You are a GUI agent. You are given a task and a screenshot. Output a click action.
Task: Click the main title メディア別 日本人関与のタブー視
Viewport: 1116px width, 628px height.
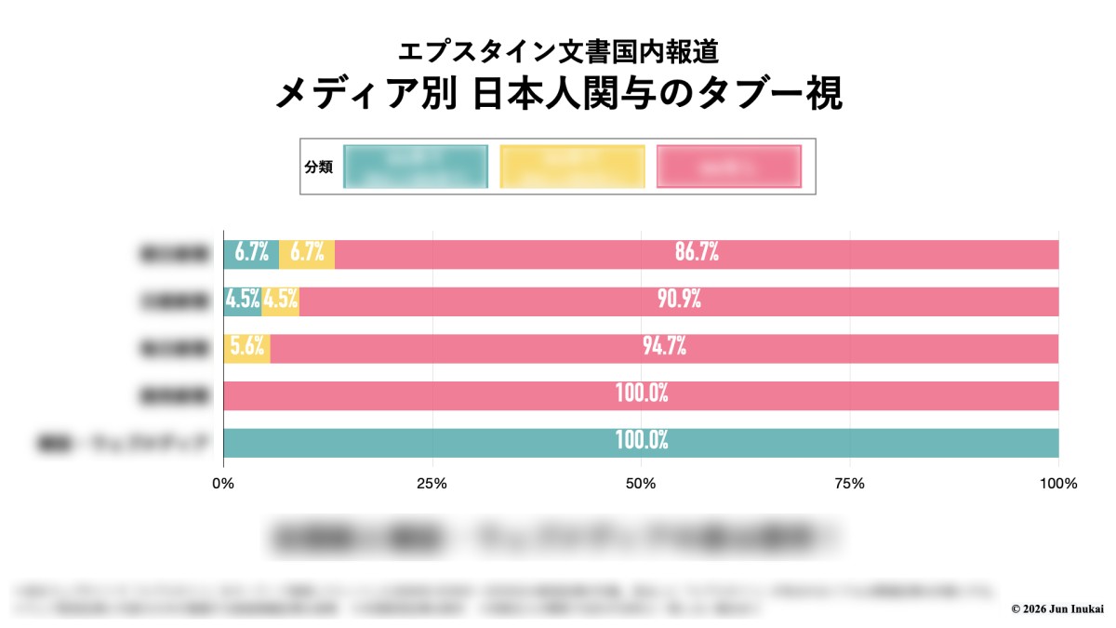[558, 94]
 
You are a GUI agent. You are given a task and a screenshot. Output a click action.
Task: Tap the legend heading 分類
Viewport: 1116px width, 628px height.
[318, 167]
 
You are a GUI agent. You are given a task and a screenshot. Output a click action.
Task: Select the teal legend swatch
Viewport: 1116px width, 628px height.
[416, 167]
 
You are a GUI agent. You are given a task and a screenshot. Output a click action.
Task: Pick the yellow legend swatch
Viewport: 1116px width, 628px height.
[572, 167]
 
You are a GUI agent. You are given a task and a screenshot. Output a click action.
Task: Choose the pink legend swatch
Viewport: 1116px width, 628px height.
[728, 167]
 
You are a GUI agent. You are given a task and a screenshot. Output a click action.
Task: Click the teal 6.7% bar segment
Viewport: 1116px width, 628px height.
[251, 254]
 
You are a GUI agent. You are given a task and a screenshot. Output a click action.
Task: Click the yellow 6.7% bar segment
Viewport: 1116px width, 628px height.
[307, 254]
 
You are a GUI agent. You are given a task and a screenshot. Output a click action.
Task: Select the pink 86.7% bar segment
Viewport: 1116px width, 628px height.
[697, 254]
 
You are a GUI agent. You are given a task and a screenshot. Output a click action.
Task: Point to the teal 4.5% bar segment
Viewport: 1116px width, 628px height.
[242, 301]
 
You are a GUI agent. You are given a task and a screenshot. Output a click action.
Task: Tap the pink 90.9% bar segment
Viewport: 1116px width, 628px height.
[679, 301]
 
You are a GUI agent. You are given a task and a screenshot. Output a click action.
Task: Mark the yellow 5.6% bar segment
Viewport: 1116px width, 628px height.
[247, 348]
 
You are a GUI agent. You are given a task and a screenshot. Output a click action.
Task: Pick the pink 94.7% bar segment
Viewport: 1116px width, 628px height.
[664, 348]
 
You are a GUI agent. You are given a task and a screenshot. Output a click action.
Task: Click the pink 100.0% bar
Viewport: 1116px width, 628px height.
[641, 395]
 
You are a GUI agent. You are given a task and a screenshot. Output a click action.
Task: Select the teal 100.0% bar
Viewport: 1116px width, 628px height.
[641, 443]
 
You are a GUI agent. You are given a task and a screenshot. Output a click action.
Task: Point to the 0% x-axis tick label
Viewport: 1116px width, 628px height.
[223, 484]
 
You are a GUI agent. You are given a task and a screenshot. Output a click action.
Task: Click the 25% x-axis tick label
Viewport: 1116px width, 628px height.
[432, 484]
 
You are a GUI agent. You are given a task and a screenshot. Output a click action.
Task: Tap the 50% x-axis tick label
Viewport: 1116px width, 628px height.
[641, 484]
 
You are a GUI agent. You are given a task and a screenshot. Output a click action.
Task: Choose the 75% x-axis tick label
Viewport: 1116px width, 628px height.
[850, 484]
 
